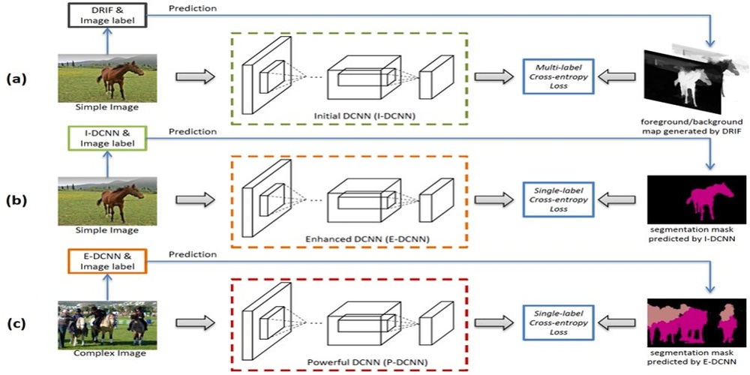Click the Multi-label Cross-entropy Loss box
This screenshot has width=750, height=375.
click(559, 76)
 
